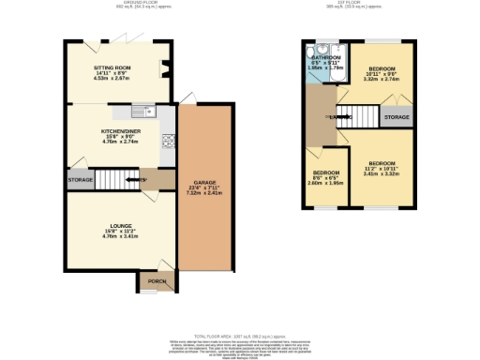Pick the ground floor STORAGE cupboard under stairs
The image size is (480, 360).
tap(80, 180)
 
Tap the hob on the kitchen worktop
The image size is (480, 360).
tap(169, 142)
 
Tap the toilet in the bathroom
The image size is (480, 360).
tap(323, 46)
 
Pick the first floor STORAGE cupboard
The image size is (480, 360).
tap(396, 118)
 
